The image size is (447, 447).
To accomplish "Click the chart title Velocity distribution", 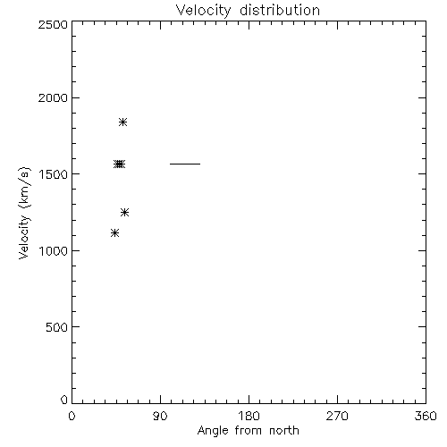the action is tap(248, 10).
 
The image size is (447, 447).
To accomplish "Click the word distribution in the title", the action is tap(280, 10).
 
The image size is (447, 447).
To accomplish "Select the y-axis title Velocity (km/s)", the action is tap(24, 213).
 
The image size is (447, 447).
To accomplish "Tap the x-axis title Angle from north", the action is tap(248, 430).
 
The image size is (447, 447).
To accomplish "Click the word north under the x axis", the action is tap(284, 430).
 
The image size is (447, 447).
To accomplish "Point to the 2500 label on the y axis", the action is tap(53, 24).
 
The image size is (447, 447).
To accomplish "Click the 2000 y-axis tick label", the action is tap(53, 97).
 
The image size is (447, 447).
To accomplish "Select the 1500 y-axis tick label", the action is tap(53, 174).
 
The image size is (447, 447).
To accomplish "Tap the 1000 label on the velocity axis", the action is tap(53, 250).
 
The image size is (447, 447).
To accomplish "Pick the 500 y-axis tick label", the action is tap(57, 327).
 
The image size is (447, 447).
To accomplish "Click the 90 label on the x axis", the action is tap(160, 416).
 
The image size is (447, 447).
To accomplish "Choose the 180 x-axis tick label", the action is tap(249, 416).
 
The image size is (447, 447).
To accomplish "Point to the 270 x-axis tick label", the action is tap(337, 416).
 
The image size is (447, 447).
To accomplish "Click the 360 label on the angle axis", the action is tap(426, 416).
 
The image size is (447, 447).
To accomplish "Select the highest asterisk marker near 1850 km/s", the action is tap(122, 122).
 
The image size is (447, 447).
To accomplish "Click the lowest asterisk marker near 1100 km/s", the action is tap(114, 232).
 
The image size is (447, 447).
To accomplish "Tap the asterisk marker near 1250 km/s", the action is tap(124, 212).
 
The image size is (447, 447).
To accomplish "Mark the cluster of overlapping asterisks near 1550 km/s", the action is tap(119, 164).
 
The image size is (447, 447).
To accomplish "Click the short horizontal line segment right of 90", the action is tap(185, 164).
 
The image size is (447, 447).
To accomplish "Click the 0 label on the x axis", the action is tap(72, 416).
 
